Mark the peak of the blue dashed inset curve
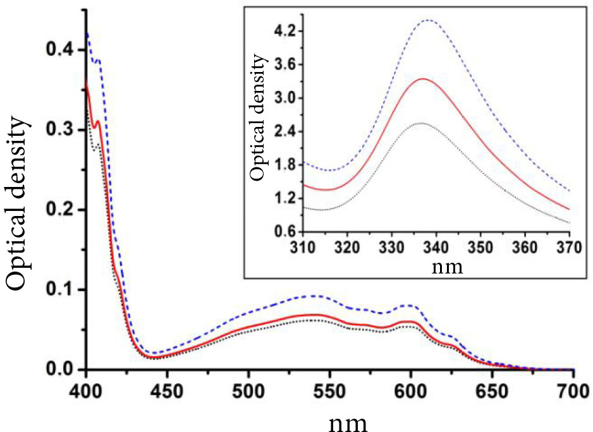[x=429, y=20]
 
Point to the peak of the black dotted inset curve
[x=420, y=123]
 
